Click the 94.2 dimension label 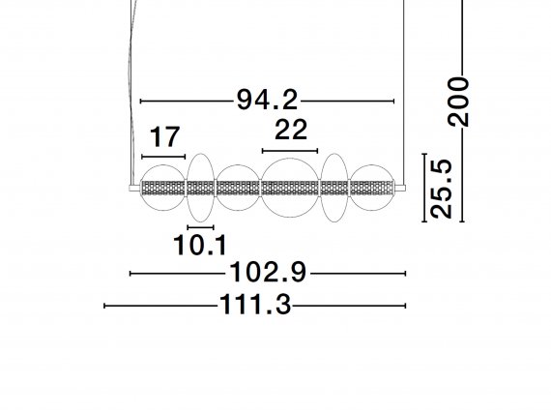point(267,100)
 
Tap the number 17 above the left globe point(164,136)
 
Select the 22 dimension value point(291,130)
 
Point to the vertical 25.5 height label point(441,189)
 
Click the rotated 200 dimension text point(458,102)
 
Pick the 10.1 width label point(200,245)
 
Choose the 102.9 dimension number point(268,273)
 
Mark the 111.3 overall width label point(255,305)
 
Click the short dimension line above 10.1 point(201,227)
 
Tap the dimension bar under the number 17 point(163,157)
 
